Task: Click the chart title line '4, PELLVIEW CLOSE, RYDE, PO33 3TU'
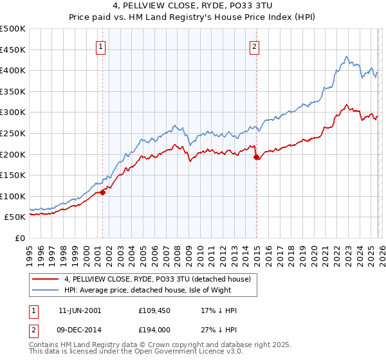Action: pyautogui.click(x=192, y=7)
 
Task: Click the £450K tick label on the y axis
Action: pyautogui.click(x=14, y=50)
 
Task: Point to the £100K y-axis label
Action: pyautogui.click(x=14, y=196)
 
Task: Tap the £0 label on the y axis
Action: pyautogui.click(x=21, y=238)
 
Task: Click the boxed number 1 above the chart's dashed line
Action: pyautogui.click(x=102, y=46)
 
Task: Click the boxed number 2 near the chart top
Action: pyautogui.click(x=255, y=46)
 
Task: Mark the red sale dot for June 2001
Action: pyautogui.click(x=103, y=192)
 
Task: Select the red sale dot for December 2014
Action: pyautogui.click(x=256, y=157)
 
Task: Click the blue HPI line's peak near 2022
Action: pyautogui.click(x=346, y=57)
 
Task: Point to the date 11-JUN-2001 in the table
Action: pyautogui.click(x=80, y=310)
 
